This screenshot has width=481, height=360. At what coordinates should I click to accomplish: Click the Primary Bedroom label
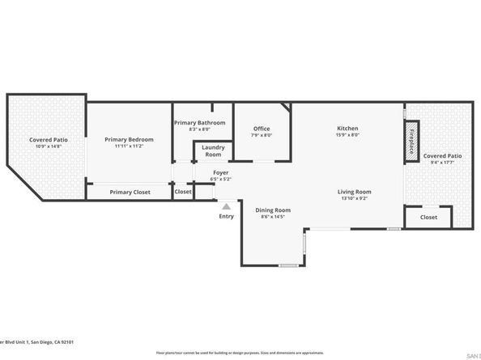(x=129, y=139)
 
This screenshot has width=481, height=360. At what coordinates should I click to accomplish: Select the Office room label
(x=261, y=129)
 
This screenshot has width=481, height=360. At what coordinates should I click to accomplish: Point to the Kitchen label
(x=347, y=129)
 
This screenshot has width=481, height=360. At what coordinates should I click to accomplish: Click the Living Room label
(x=354, y=191)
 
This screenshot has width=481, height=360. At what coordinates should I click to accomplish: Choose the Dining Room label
(x=273, y=210)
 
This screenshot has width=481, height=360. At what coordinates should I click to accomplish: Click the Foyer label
(x=220, y=173)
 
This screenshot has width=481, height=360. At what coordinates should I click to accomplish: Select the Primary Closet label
(x=130, y=192)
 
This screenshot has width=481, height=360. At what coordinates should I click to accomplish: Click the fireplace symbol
(x=411, y=142)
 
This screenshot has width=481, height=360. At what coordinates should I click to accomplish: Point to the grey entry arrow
(x=227, y=205)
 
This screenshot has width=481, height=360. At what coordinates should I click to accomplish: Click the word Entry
(x=226, y=216)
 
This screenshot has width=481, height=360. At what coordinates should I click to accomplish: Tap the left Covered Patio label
(x=49, y=140)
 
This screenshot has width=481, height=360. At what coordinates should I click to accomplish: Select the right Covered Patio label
(x=442, y=155)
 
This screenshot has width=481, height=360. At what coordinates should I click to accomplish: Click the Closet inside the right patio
(x=428, y=217)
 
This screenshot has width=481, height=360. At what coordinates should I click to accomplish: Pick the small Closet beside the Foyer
(x=183, y=192)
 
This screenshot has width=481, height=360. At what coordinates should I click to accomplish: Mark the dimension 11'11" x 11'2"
(x=129, y=146)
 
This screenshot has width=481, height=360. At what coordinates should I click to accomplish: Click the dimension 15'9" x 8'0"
(x=347, y=136)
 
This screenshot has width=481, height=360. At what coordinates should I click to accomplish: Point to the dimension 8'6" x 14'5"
(x=273, y=217)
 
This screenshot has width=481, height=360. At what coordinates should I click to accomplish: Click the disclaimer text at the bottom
(x=240, y=353)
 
